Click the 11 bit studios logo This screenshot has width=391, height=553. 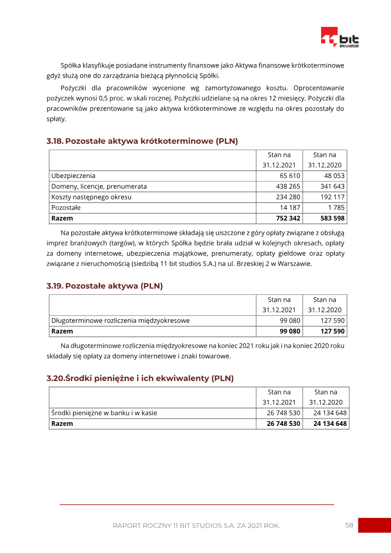(x=340, y=37)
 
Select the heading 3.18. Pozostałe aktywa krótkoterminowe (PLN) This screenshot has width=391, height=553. (x=142, y=141)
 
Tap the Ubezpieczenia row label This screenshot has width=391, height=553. (x=73, y=176)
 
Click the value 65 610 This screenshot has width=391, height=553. (x=290, y=176)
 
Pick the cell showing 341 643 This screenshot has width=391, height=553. (x=332, y=186)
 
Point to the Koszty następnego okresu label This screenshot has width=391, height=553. (x=91, y=197)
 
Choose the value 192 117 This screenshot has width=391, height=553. (x=332, y=197)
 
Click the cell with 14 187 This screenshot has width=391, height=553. (x=290, y=208)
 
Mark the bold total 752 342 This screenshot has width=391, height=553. (x=288, y=218)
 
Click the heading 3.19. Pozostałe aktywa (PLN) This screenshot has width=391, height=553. (x=105, y=286)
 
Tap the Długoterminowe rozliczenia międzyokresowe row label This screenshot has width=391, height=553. (x=120, y=321)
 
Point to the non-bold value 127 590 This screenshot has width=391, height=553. (x=332, y=321)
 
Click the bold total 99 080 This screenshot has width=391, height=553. (x=290, y=331)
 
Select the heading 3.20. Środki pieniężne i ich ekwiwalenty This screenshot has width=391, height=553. (x=140, y=378)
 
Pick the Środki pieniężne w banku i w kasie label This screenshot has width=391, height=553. (x=104, y=413)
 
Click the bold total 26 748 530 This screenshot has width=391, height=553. (x=283, y=423)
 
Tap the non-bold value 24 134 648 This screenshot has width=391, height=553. (x=330, y=413)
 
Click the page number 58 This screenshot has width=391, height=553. (x=349, y=525)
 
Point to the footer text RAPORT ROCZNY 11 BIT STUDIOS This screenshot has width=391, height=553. (x=196, y=526)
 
